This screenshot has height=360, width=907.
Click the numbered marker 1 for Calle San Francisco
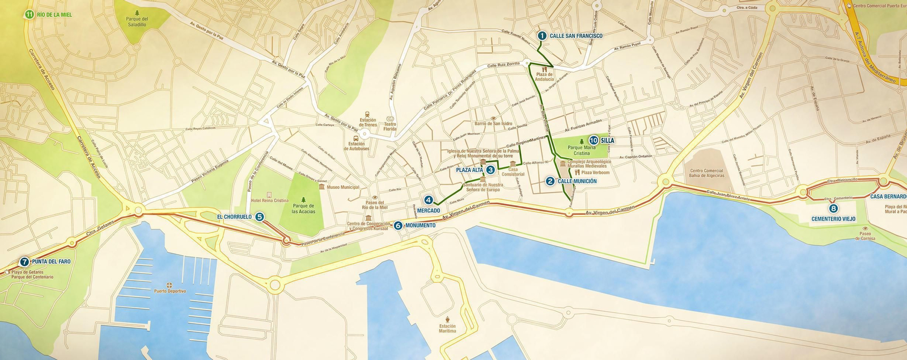(541, 36)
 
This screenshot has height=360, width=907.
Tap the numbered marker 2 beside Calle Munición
(550, 181)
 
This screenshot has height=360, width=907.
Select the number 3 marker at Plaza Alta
(490, 170)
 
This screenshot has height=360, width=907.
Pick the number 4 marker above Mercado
(429, 200)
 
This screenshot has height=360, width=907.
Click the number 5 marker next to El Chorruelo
(260, 217)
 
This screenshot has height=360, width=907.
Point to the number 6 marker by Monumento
(398, 226)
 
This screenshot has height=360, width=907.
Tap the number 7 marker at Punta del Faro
(24, 262)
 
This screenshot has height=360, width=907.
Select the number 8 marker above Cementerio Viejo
(833, 209)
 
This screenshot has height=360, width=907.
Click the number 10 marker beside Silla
(594, 140)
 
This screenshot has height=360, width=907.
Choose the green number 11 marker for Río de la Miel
(29, 14)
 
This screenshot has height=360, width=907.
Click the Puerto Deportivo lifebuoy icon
(169, 285)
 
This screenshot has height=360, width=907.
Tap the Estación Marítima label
(447, 328)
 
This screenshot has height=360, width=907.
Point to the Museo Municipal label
(342, 187)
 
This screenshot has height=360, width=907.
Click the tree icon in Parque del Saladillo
(137, 12)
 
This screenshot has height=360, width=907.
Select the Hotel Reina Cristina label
(269, 201)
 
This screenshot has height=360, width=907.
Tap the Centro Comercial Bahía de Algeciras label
(706, 173)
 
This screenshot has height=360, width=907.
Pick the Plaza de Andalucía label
(544, 77)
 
